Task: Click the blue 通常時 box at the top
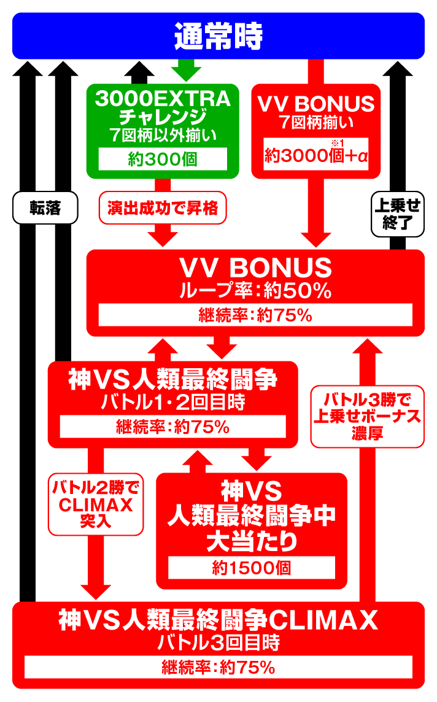[218, 37]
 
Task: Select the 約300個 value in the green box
[163, 158]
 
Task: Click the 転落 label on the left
[45, 209]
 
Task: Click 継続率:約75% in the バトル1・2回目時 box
[173, 427]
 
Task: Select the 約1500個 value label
[252, 568]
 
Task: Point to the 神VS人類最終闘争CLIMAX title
[218, 622]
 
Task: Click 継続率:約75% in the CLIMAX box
[218, 668]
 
